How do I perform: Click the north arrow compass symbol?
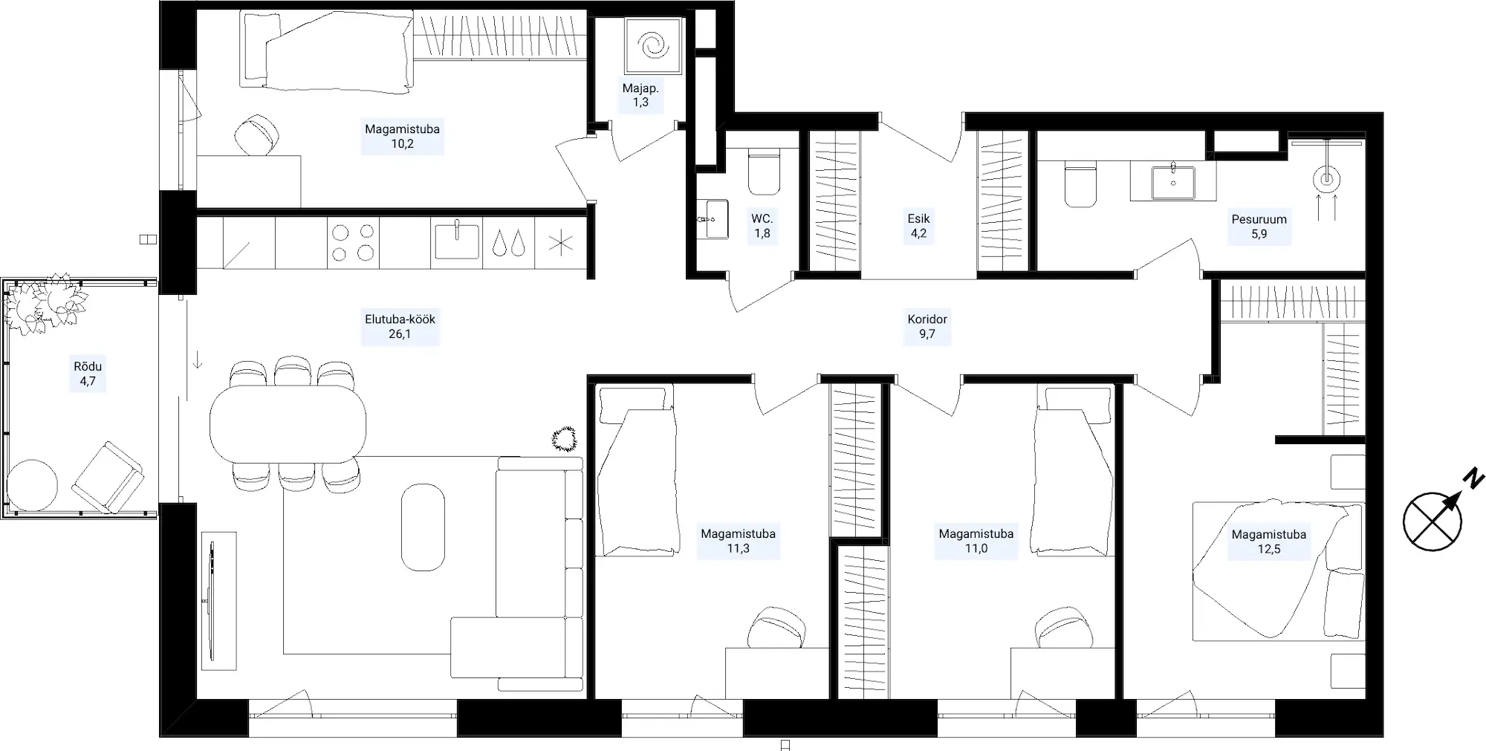tap(1433, 521)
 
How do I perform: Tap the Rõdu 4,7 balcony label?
tap(88, 374)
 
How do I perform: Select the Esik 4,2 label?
tap(918, 226)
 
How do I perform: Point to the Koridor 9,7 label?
tap(927, 326)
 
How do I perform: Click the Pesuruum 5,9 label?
tap(1259, 227)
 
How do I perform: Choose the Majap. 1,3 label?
tap(640, 95)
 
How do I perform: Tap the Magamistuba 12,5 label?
tap(1268, 542)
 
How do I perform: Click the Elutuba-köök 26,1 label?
tap(400, 326)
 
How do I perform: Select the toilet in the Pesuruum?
tap(1080, 185)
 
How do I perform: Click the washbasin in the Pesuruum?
tap(1173, 183)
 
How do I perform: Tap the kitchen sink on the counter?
tap(456, 240)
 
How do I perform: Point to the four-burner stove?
tap(353, 243)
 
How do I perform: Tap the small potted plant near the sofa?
tap(565, 438)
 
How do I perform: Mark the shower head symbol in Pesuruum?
tap(1327, 179)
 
